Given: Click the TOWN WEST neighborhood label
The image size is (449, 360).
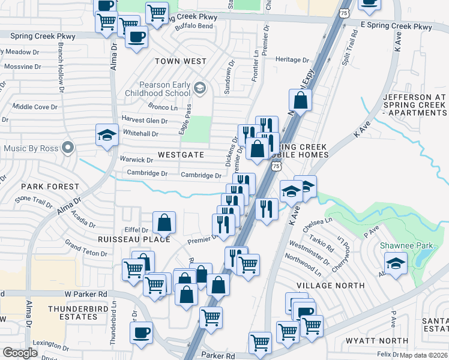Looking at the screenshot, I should [180, 61].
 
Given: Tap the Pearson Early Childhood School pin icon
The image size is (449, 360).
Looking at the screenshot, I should [200, 89].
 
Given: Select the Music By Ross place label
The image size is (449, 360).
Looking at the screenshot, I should [32, 148].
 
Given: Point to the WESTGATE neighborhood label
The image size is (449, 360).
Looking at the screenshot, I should [181, 155].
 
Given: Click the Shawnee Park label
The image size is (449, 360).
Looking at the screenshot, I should [402, 245].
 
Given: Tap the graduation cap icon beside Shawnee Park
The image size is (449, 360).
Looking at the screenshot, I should [395, 263].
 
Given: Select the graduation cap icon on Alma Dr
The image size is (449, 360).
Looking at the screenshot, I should [107, 135].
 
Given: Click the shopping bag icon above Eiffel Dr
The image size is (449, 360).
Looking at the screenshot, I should [164, 223].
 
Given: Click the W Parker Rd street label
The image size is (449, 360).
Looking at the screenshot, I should [86, 294].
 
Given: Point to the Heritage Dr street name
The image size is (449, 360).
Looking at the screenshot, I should [292, 60].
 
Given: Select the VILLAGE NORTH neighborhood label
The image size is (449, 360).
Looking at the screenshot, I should [331, 286].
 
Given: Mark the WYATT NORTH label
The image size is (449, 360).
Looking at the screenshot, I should [377, 341].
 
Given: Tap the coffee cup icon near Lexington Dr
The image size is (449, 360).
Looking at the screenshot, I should [141, 332].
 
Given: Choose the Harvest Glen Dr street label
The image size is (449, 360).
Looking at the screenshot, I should [144, 121].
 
